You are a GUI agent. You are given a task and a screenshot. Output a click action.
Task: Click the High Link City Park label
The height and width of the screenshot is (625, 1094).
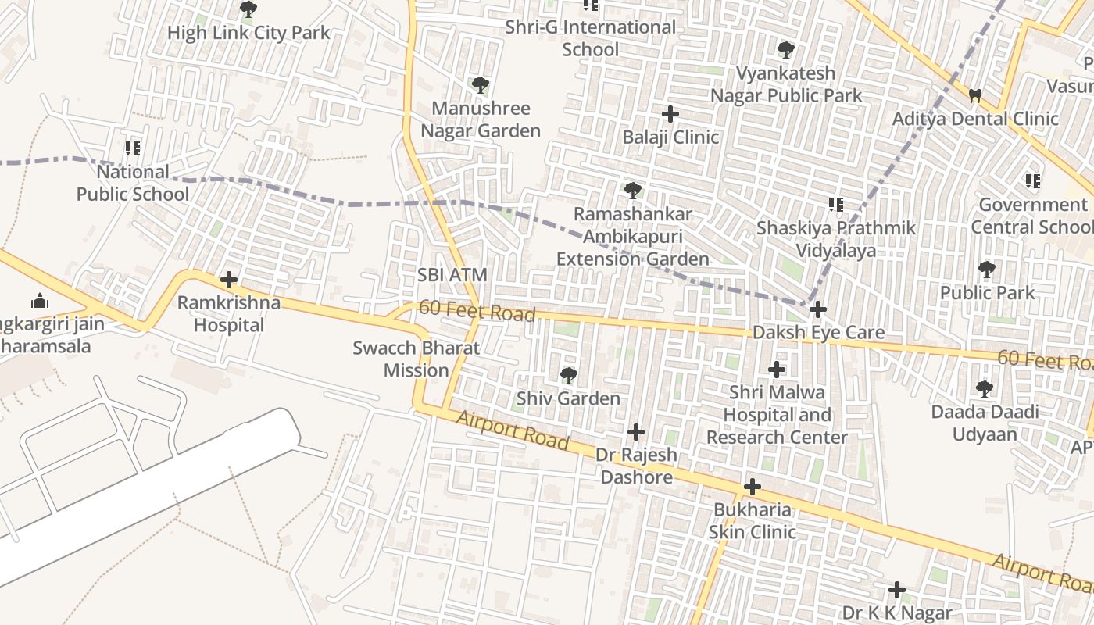pos(248,34)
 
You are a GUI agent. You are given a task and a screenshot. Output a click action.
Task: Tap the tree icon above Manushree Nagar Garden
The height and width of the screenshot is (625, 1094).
pos(480,85)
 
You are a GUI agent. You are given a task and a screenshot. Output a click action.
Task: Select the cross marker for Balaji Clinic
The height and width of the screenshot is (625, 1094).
pos(670,114)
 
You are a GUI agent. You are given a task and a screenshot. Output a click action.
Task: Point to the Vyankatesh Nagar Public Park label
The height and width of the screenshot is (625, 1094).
pos(785,84)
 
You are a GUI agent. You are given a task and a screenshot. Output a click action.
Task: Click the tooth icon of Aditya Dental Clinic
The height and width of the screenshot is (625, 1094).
pos(974,96)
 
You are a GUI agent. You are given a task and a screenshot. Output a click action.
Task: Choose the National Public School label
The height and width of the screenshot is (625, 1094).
pos(133,183)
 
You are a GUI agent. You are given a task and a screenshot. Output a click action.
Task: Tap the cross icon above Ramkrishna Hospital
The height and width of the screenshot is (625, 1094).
pos(228,279)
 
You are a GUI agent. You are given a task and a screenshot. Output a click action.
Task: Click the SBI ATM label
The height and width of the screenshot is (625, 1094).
pos(452,275)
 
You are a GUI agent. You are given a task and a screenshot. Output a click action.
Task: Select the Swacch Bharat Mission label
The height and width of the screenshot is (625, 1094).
pos(416,359)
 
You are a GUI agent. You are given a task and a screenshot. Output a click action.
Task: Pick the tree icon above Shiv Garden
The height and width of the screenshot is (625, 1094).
pos(569,376)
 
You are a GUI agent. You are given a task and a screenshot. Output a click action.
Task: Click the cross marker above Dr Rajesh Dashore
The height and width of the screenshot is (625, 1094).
pos(636,431)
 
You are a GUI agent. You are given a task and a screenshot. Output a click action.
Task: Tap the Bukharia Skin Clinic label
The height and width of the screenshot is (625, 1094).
pos(752,521)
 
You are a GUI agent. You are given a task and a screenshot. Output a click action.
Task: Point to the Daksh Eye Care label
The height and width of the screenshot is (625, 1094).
pos(818,333)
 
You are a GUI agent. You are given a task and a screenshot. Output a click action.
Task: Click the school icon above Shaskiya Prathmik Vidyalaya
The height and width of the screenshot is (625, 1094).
pos(835,205)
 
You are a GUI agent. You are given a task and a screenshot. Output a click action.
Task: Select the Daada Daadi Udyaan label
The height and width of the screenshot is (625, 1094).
pos(985,423)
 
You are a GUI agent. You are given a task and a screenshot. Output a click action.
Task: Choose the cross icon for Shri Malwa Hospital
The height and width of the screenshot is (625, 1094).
pos(777,369)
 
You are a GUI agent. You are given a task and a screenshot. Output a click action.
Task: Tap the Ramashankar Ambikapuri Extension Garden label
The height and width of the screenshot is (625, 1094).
pos(633,237)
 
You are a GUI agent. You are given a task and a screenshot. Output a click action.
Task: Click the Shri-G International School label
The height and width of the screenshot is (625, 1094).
pos(591,38)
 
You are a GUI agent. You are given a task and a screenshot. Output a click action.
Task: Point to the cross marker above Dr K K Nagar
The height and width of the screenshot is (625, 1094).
pos(897,589)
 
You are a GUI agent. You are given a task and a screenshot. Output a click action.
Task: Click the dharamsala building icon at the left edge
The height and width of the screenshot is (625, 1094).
pos(39,301)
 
